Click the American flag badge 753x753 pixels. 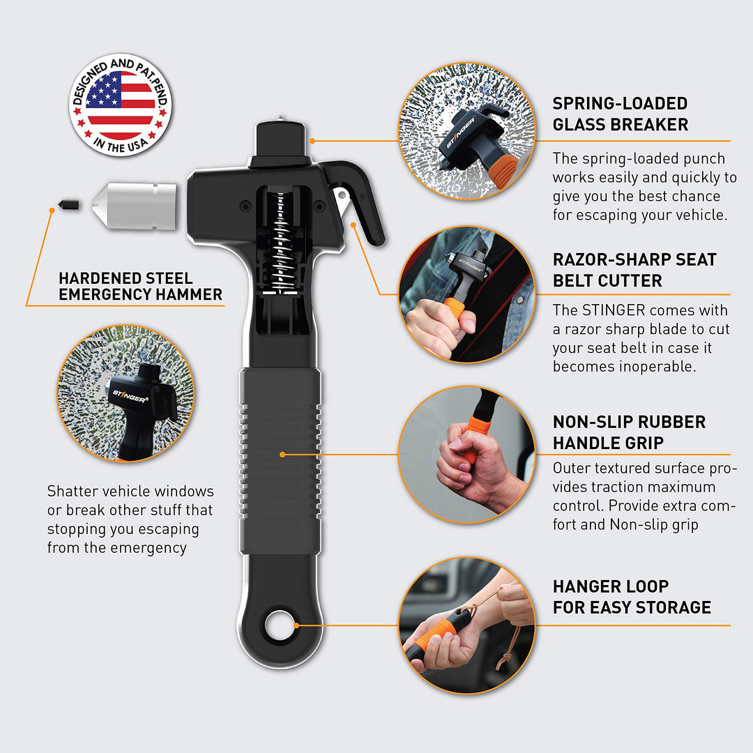pyautogui.click(x=120, y=105)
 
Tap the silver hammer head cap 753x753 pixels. pyautogui.click(x=135, y=206)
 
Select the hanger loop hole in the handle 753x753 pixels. pyautogui.click(x=280, y=625)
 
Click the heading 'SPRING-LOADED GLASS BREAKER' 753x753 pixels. pyautogui.click(x=620, y=114)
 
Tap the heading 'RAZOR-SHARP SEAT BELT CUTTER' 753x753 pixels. pyautogui.click(x=634, y=270)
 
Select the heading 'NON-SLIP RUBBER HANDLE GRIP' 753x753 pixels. pyautogui.click(x=629, y=432)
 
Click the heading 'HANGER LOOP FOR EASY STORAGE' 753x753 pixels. pyautogui.click(x=632, y=596)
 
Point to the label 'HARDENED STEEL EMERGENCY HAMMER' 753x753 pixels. pyautogui.click(x=140, y=287)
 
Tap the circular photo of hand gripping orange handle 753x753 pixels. pyautogui.click(x=466, y=455)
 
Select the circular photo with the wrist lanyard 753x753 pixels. pyautogui.click(x=466, y=625)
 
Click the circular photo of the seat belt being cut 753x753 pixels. pyautogui.click(x=466, y=294)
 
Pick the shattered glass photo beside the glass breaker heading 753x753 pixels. pyautogui.click(x=466, y=130)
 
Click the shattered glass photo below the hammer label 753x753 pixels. pyautogui.click(x=125, y=393)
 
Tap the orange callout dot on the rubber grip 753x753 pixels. pyautogui.click(x=282, y=455)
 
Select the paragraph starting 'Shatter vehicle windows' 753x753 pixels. pyautogui.click(x=130, y=519)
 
